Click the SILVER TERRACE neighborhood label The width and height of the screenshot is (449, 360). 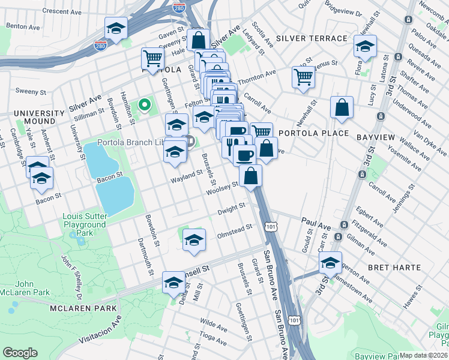point(312,38)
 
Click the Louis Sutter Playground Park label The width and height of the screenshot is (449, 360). point(85,224)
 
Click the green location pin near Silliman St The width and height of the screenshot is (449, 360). point(144,106)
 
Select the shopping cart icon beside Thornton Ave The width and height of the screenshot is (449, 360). point(304,76)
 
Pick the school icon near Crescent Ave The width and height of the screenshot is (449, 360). point(116,28)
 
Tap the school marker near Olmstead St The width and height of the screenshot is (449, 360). point(194,239)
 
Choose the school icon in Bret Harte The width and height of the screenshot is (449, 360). point(330,262)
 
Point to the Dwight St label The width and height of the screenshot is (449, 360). point(232,208)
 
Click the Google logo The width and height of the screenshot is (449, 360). point(20,353)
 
